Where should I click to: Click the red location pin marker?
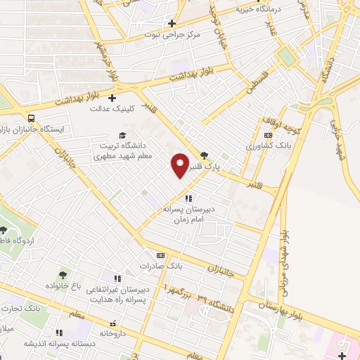(x=181, y=165)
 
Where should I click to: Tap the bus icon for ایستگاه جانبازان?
(x=31, y=117)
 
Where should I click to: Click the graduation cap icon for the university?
(x=122, y=135)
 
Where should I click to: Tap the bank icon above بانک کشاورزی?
(x=267, y=135)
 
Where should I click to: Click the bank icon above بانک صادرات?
(x=160, y=255)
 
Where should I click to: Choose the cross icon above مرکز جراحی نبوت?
(x=171, y=23)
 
